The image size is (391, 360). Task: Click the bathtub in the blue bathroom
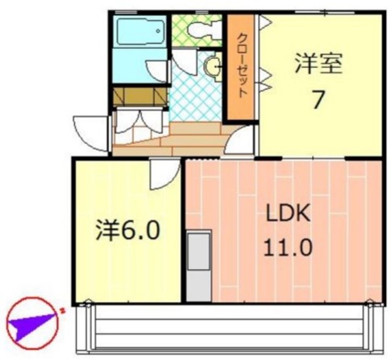coord(141,31)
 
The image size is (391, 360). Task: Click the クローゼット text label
coord(241,67)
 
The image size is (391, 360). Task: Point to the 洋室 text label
coord(318,64)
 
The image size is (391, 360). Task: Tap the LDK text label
coord(288,215)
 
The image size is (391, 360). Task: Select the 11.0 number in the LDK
coord(288,248)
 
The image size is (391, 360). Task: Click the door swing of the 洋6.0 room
coord(164,174)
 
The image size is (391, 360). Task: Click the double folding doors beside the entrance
coord(139,120)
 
